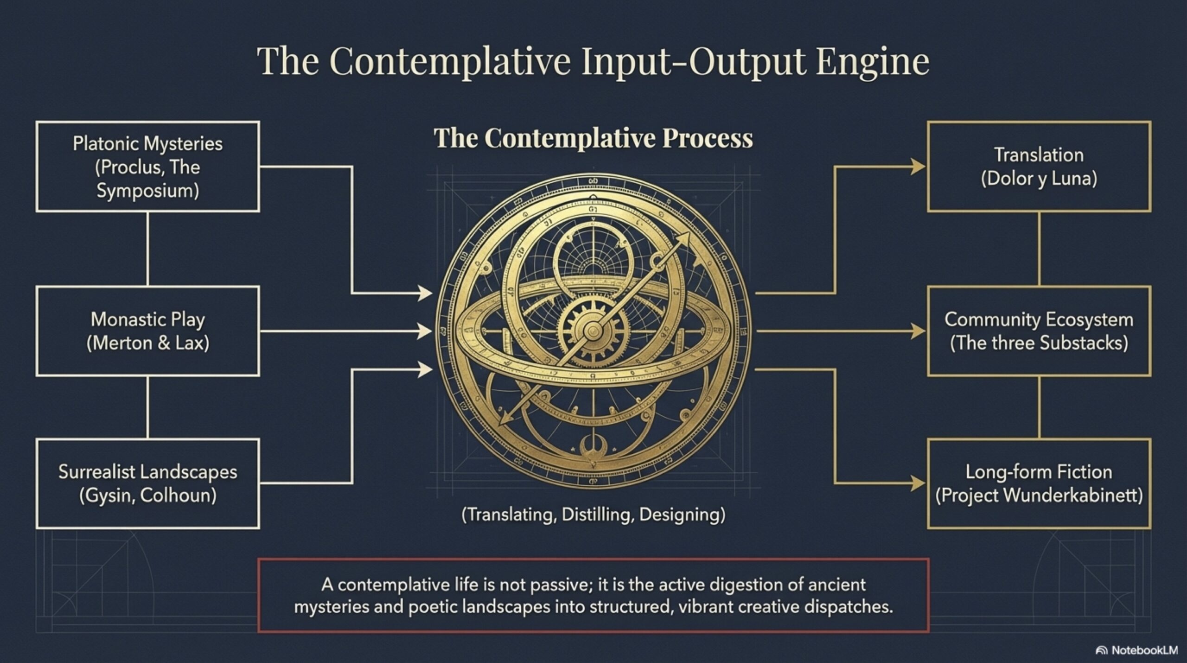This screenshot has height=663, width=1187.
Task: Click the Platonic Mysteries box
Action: pos(147,167)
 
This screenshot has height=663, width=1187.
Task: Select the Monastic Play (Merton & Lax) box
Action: pos(147,331)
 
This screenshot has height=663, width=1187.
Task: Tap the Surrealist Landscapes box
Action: pos(147,483)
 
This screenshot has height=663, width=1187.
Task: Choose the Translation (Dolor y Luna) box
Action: pos(1039,167)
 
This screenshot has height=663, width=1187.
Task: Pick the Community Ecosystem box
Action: pos(1039,331)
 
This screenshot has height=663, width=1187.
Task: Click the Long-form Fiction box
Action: pos(1039,483)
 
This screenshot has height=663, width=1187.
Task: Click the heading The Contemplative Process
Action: pos(593,138)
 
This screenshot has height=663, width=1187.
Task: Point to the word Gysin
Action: pos(108,496)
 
